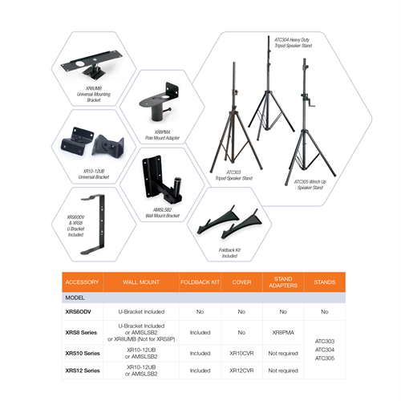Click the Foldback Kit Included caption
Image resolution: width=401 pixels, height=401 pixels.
(x=229, y=252)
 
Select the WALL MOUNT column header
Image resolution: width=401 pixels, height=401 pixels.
(x=141, y=282)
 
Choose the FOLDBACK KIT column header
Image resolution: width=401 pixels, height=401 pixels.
(x=200, y=282)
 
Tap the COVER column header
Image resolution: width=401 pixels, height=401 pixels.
(x=241, y=282)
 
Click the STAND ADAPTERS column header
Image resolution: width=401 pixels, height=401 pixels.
(x=282, y=282)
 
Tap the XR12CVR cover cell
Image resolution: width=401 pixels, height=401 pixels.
(x=241, y=371)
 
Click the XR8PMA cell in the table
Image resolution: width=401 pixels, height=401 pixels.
(x=282, y=331)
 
